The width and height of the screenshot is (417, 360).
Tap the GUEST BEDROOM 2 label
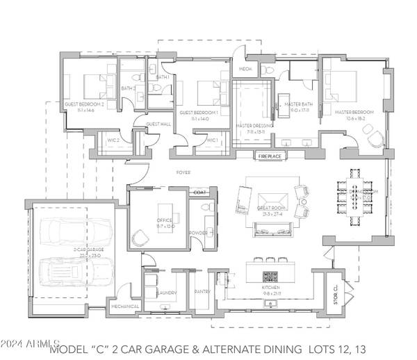[84, 104]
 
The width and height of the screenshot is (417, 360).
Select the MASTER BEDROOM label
[354, 112]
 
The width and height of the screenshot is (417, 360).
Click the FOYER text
[183, 171]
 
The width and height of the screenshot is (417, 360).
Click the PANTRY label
[202, 292]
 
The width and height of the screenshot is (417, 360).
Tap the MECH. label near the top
[245, 69]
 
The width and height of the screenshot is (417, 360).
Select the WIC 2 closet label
[113, 140]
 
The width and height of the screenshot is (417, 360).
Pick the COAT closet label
[200, 192]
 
